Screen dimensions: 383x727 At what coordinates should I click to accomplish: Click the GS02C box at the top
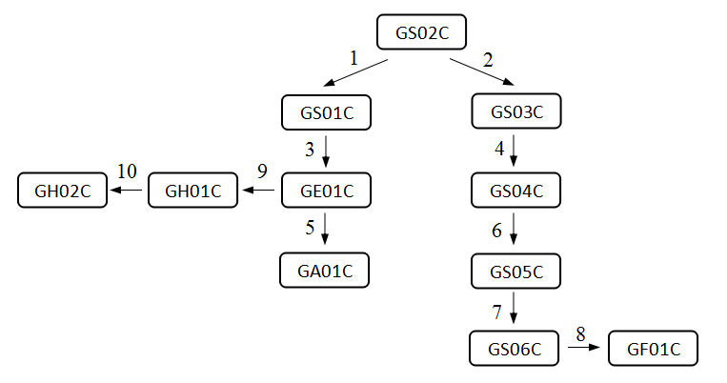point(421,33)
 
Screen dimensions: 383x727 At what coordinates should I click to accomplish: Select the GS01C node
point(326,112)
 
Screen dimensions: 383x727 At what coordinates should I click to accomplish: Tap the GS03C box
point(516,112)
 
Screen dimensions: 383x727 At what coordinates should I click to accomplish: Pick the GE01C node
point(326,191)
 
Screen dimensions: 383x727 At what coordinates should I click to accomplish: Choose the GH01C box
point(193,191)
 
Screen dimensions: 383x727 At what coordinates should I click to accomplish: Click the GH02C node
point(63,191)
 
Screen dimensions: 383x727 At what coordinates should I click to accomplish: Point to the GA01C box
point(324,271)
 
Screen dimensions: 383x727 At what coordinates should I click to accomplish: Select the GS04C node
point(516,191)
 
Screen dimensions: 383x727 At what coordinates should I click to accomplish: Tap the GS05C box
point(516,272)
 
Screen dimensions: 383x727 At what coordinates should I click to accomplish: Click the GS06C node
point(515,349)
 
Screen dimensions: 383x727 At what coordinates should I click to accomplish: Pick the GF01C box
point(654,349)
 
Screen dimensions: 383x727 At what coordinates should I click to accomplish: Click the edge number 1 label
point(353,58)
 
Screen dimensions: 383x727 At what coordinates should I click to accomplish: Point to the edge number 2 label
point(488,59)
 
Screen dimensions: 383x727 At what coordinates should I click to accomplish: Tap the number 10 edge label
point(127,171)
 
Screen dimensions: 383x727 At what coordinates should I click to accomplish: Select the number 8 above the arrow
point(579,333)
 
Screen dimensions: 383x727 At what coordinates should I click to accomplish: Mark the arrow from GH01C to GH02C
point(127,191)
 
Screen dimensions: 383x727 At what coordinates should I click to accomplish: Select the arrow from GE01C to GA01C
point(326,230)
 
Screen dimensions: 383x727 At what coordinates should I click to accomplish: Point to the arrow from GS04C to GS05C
point(515,230)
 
